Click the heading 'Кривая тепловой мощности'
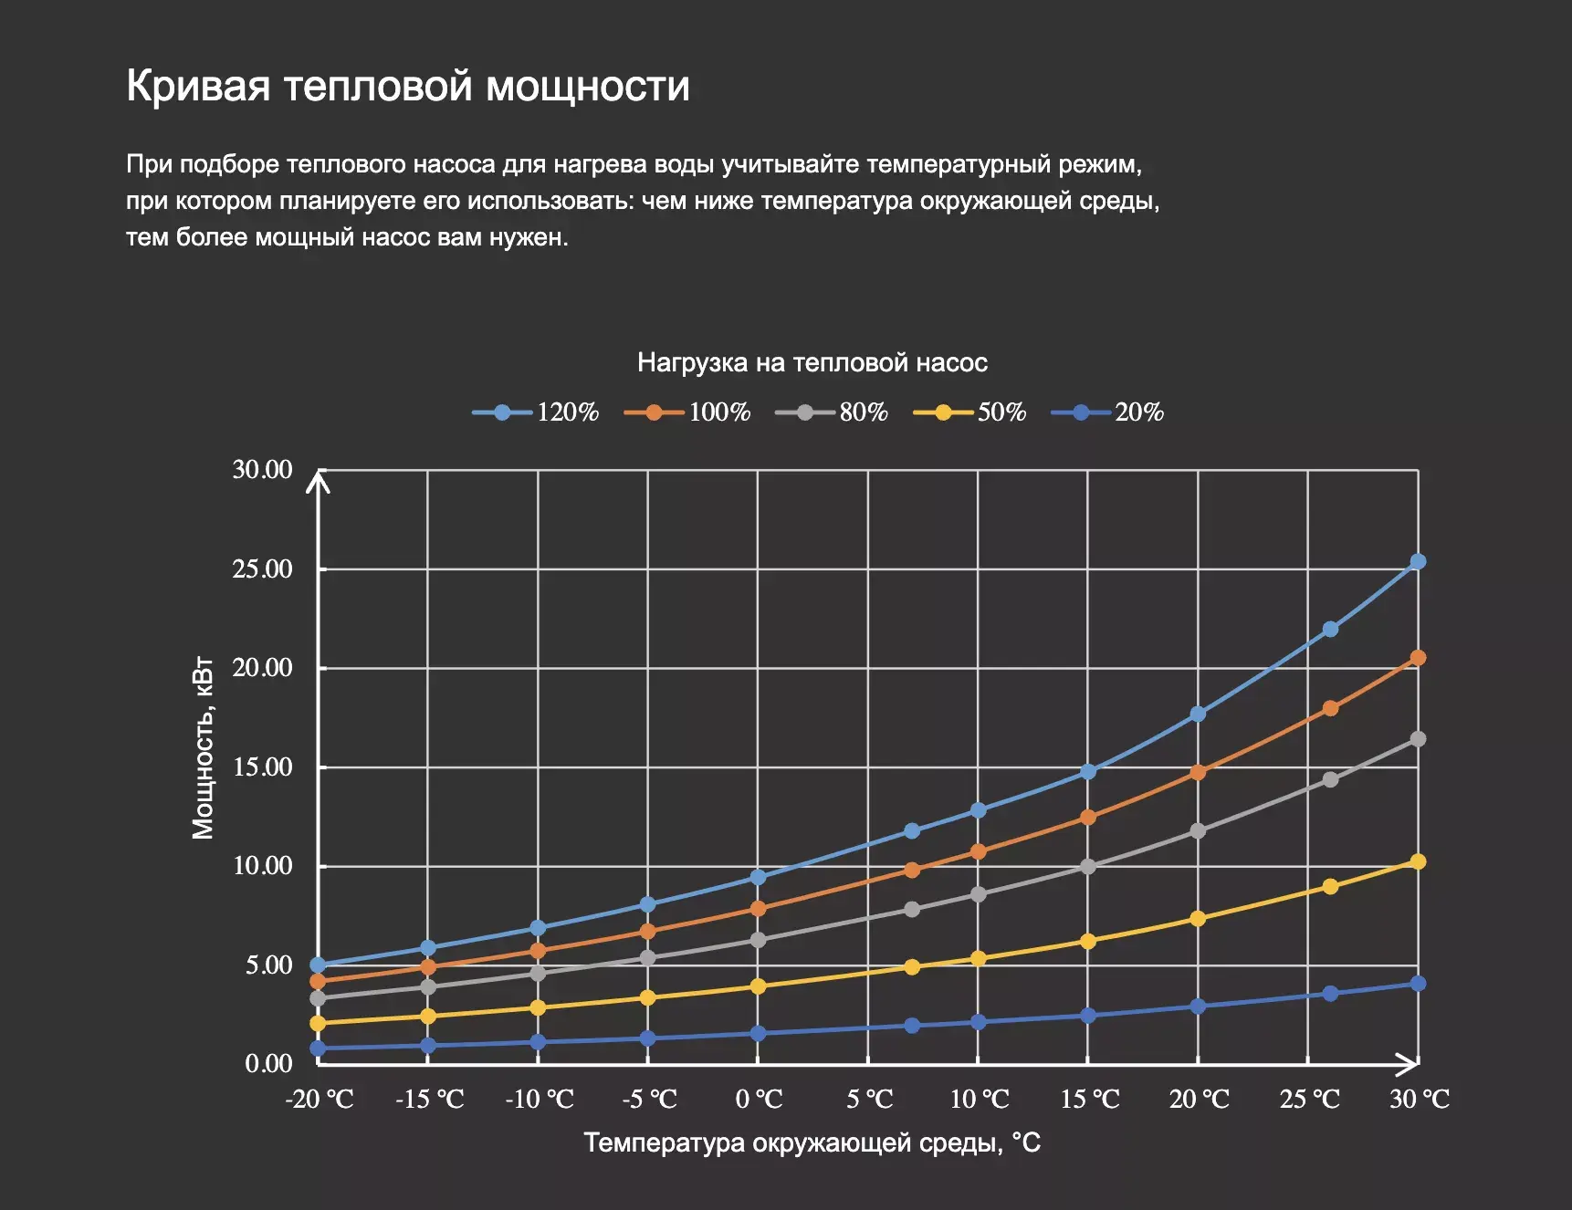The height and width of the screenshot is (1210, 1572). [x=407, y=86]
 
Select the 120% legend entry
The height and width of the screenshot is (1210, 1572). [x=537, y=412]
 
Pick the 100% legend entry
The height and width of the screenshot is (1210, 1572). [x=688, y=412]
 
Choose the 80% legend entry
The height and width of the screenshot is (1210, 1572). [x=833, y=412]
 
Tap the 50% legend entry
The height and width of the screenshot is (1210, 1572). [x=970, y=412]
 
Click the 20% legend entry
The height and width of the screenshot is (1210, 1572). [x=1108, y=412]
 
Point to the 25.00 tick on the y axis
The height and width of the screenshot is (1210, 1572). [x=263, y=568]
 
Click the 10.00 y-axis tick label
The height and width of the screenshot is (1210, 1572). [x=263, y=865]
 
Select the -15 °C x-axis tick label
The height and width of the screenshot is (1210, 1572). [x=429, y=1099]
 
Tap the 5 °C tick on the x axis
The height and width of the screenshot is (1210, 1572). [x=869, y=1099]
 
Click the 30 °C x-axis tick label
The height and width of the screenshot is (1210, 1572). [x=1420, y=1099]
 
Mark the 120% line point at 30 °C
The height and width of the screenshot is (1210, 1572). [x=1418, y=562]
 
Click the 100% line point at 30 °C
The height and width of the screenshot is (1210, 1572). [x=1418, y=658]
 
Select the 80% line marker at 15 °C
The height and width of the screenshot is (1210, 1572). [x=1087, y=867]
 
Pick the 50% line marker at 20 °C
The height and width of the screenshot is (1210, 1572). [x=1198, y=919]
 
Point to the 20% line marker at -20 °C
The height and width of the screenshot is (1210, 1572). [x=318, y=1048]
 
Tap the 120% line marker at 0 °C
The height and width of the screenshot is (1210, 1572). [x=758, y=877]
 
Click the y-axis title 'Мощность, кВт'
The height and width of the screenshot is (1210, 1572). [x=203, y=747]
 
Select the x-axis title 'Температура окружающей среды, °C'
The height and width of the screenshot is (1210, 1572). [x=812, y=1142]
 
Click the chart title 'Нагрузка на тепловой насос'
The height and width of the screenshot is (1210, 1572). [x=812, y=363]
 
